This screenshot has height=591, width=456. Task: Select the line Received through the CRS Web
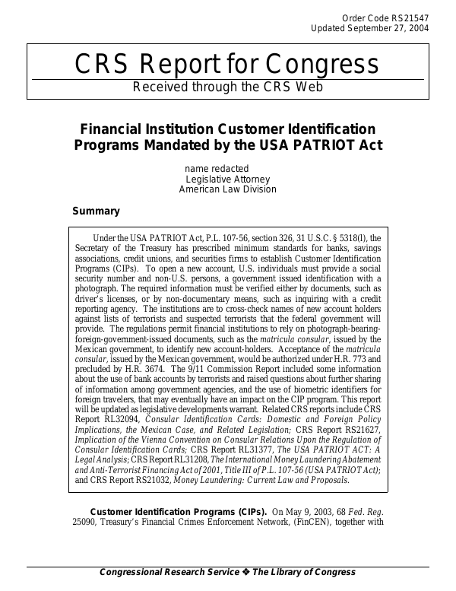tap(228, 86)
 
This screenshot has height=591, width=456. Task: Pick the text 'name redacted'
tap(217, 168)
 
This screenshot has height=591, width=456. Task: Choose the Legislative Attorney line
tap(227, 179)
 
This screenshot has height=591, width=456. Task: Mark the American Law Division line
tap(227, 189)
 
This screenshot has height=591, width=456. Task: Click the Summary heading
tap(96, 211)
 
